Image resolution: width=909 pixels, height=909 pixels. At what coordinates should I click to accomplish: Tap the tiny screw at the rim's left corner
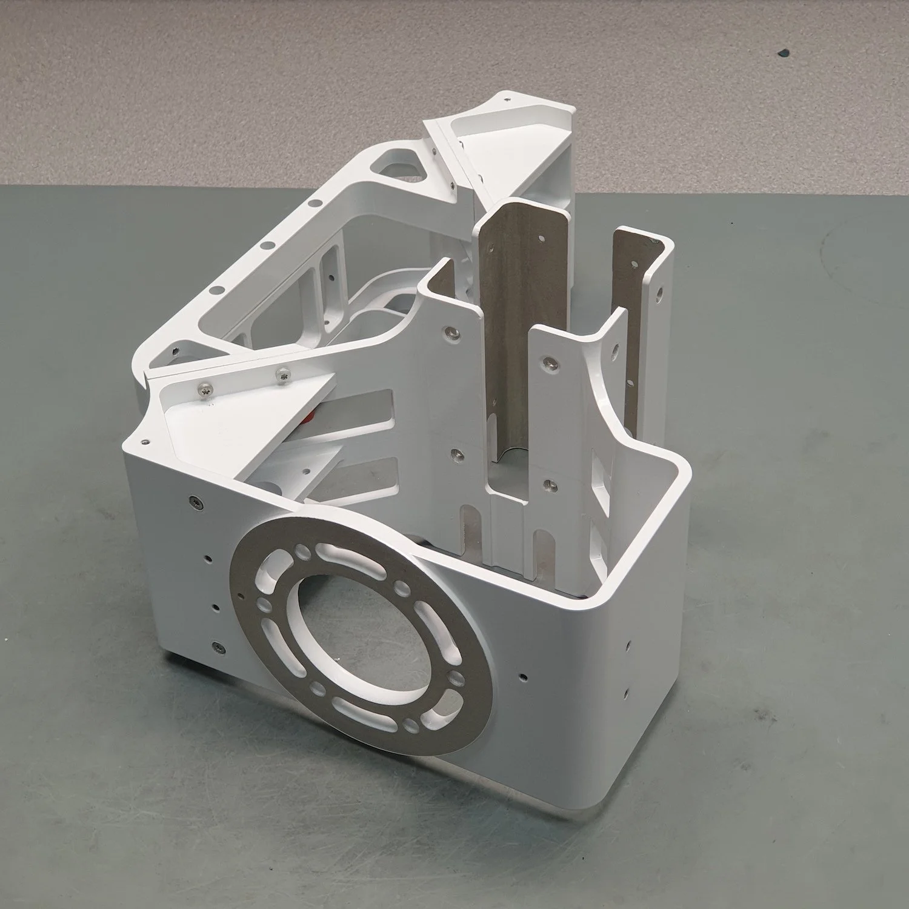(x=145, y=442)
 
